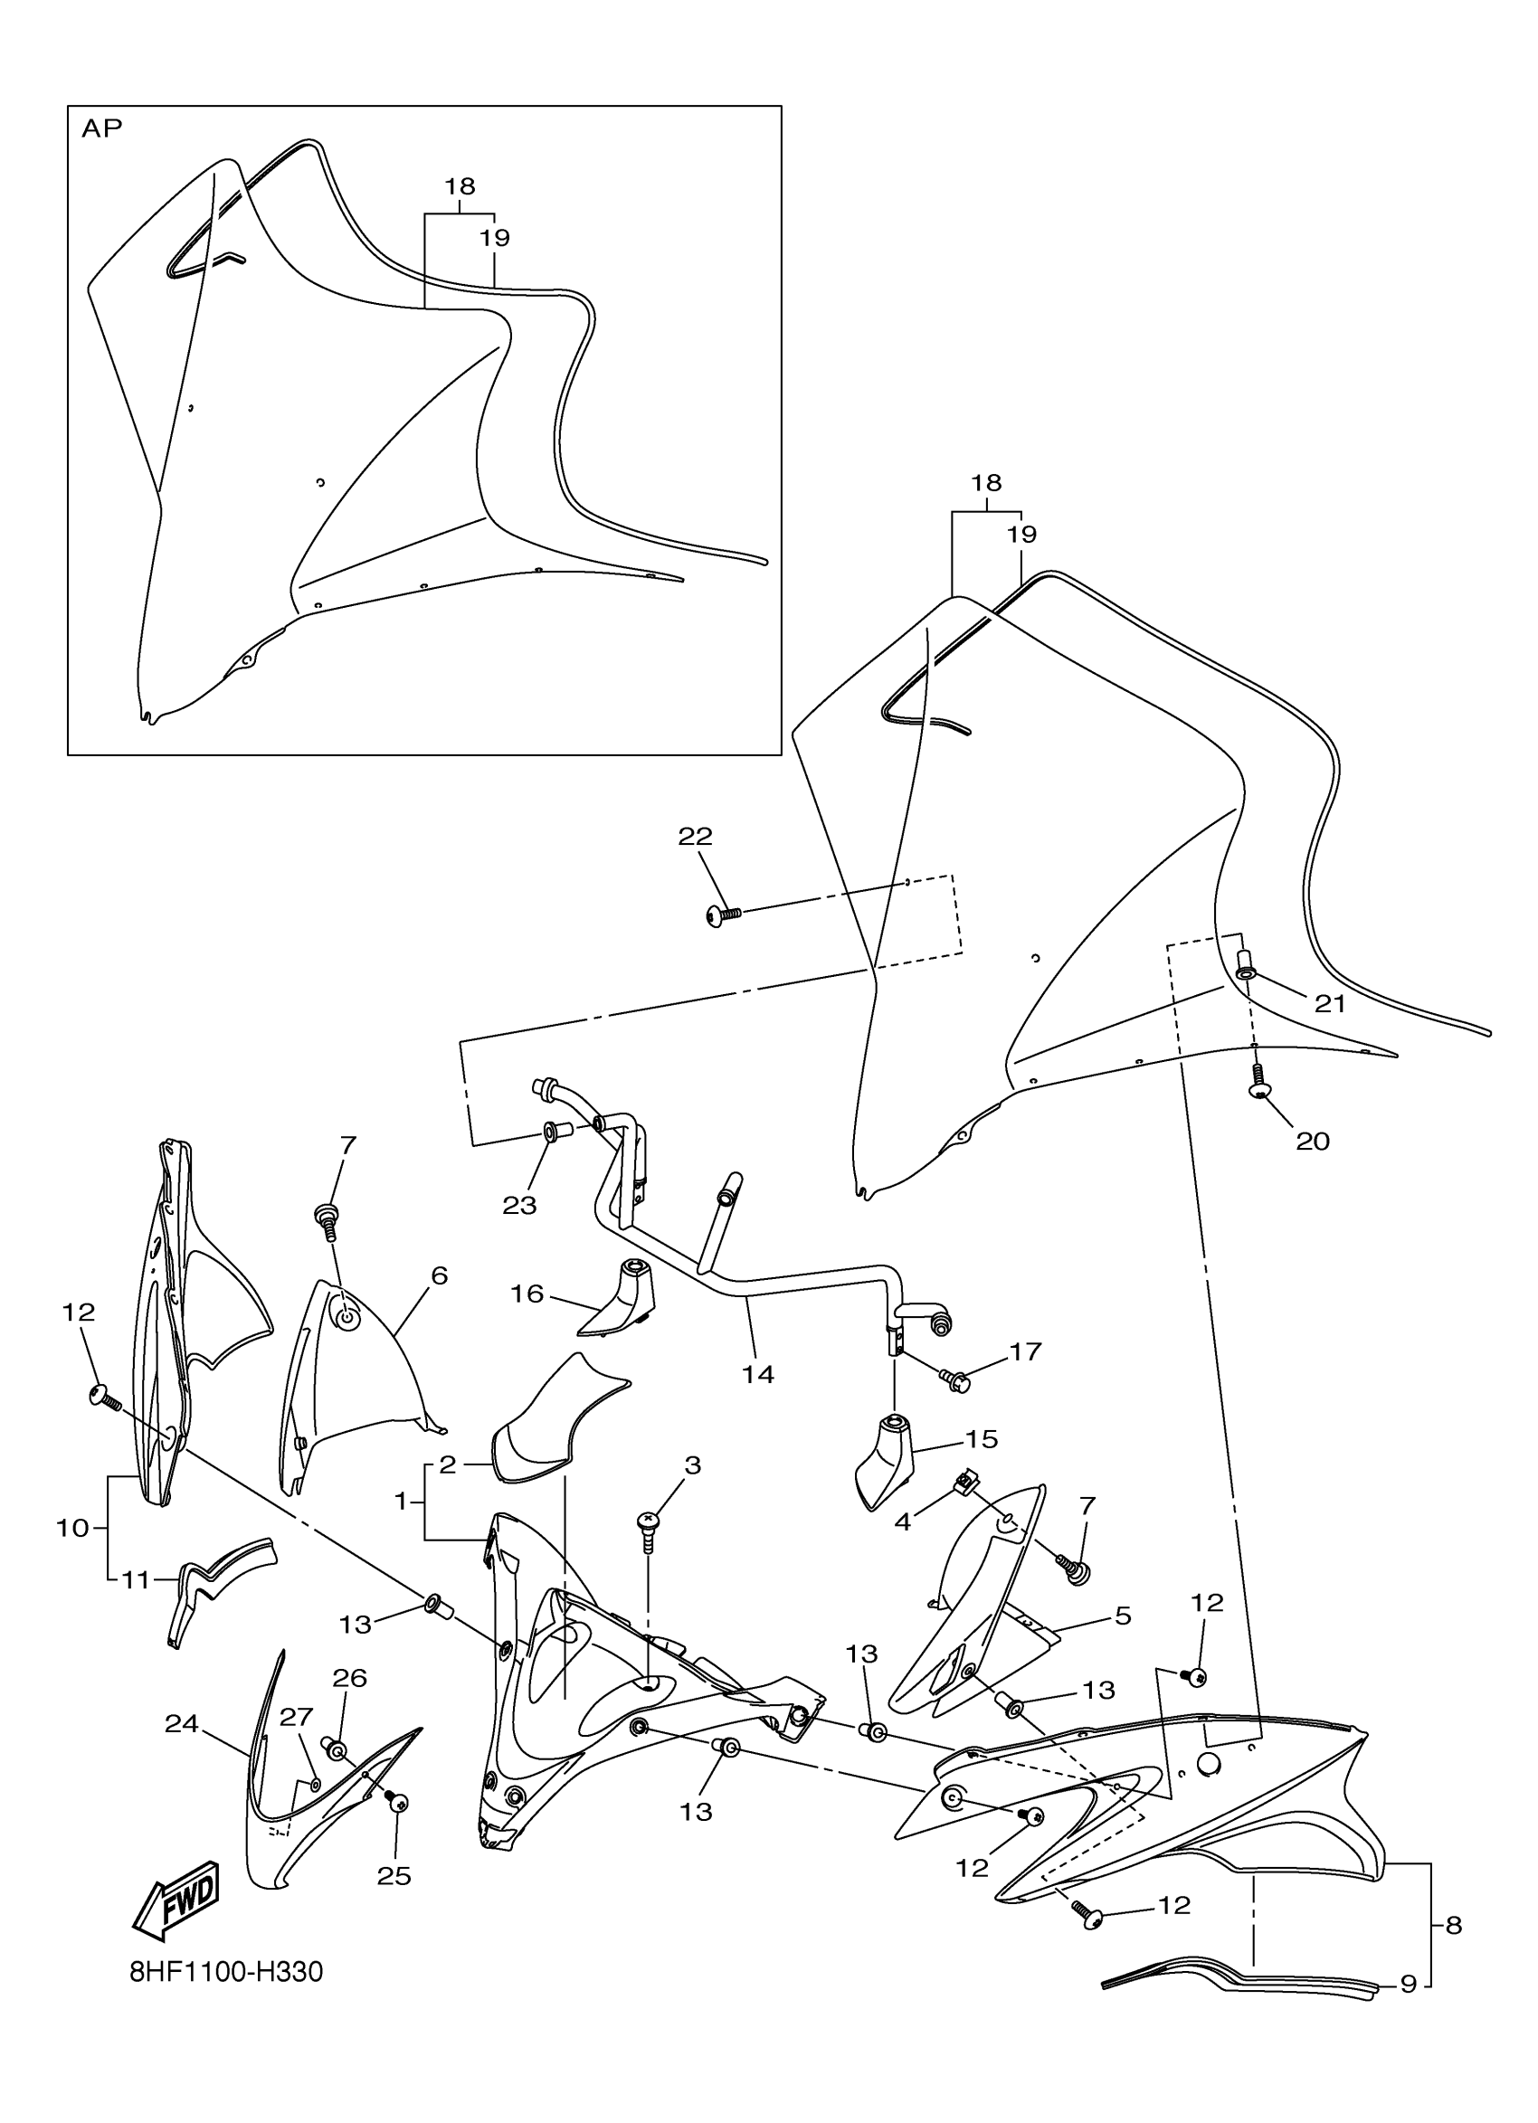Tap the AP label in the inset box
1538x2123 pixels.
coord(102,128)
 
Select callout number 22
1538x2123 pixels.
coord(695,836)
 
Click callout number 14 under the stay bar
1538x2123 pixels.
coord(758,1374)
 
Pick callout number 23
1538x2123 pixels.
coord(518,1206)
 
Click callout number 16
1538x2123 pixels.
coord(527,1293)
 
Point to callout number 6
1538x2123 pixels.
coord(439,1275)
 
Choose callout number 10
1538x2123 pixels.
coord(72,1528)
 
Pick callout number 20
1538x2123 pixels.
coord(1313,1140)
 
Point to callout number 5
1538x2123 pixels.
coord(1123,1616)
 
